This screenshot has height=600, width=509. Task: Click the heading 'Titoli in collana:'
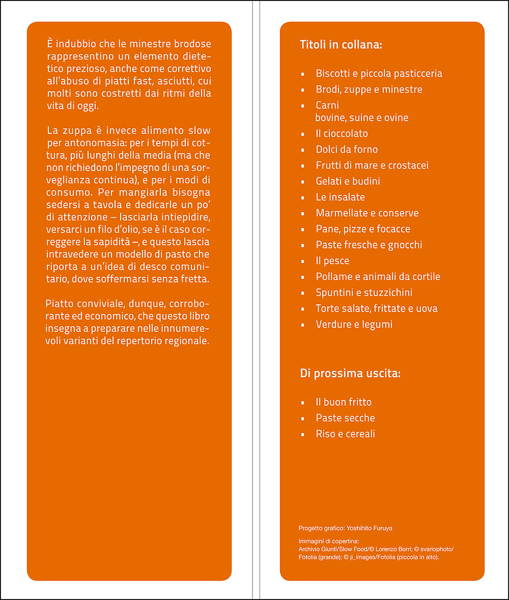[341, 45]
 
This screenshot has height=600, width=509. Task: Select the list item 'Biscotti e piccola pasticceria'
[379, 73]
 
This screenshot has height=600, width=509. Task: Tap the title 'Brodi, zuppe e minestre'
[369, 89]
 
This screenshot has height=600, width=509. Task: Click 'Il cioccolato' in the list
[342, 133]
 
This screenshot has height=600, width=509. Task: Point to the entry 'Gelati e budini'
[348, 181]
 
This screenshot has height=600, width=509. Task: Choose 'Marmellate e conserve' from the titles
[367, 213]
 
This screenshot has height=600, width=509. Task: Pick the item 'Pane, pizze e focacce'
[362, 229]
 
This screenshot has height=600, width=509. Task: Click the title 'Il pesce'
[332, 261]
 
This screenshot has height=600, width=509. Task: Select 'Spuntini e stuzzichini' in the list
[364, 293]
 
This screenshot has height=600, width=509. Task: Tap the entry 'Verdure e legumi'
[354, 324]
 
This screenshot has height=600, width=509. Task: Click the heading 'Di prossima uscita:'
[350, 374]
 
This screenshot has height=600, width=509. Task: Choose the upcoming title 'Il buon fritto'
[344, 402]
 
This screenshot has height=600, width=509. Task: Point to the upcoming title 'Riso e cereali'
[345, 434]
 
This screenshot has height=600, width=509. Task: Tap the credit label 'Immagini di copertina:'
[329, 540]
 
